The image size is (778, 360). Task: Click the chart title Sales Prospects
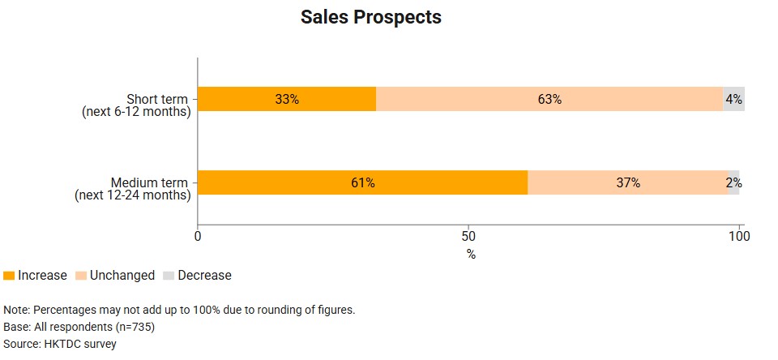[x=370, y=17]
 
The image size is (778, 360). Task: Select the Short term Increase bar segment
[x=243, y=99]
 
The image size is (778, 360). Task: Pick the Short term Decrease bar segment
[x=733, y=99]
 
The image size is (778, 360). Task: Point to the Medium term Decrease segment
[x=734, y=182]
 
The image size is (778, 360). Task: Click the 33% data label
[x=287, y=99]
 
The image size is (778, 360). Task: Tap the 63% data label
[x=549, y=99]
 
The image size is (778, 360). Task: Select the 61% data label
[x=362, y=182]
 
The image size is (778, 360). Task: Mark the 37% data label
[x=628, y=182]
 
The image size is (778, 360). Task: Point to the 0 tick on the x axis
[x=199, y=237]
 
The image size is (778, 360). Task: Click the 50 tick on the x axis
[x=468, y=237]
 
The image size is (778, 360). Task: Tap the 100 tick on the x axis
[x=738, y=237]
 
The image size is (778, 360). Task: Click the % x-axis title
[x=471, y=254]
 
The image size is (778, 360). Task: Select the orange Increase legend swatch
[x=9, y=276]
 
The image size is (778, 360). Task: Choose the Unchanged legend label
[x=122, y=276]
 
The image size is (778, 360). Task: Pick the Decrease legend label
[x=204, y=276]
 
